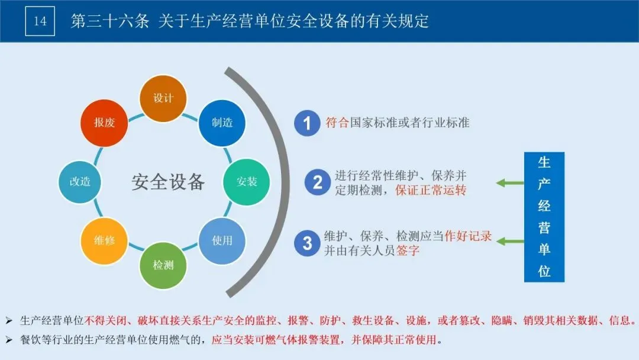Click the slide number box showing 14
click(x=40, y=21)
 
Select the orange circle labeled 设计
click(x=163, y=98)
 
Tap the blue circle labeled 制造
click(x=222, y=123)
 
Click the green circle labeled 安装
click(x=247, y=182)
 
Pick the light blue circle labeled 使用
click(x=222, y=240)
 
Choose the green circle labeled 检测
click(x=163, y=265)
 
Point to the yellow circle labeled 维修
click(x=104, y=240)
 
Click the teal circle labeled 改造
click(x=80, y=182)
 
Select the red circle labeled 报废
click(x=104, y=123)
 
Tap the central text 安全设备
click(x=168, y=182)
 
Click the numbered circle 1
click(x=307, y=123)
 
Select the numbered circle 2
click(x=318, y=182)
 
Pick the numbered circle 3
click(x=307, y=243)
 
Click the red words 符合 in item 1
click(x=337, y=123)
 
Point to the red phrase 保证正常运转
click(x=431, y=190)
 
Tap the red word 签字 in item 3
click(x=408, y=250)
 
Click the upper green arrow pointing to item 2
click(x=510, y=183)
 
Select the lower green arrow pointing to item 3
click(x=510, y=242)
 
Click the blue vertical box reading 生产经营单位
click(x=544, y=217)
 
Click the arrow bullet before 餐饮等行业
click(x=9, y=340)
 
